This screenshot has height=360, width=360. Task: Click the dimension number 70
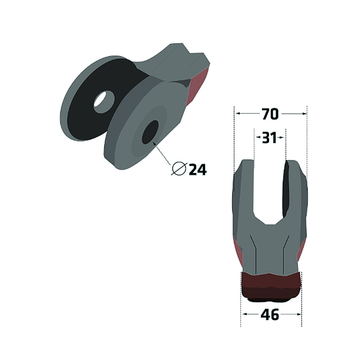click(x=270, y=114)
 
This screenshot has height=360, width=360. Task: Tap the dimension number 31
click(x=270, y=138)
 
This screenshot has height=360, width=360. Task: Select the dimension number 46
click(x=270, y=315)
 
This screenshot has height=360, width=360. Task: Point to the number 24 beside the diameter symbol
click(x=198, y=170)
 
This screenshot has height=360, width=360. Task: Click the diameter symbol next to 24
click(x=179, y=169)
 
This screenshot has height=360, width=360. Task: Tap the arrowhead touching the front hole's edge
click(x=154, y=143)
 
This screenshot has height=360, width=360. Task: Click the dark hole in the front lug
click(x=150, y=132)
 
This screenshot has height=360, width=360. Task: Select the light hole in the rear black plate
click(x=104, y=102)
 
